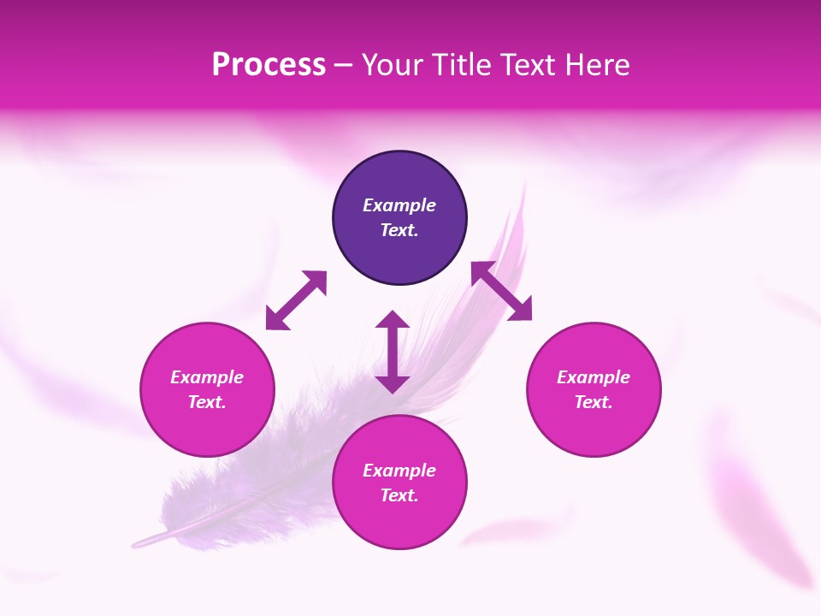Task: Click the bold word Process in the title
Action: (269, 65)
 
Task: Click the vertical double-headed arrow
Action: (393, 352)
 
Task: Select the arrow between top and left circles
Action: (296, 300)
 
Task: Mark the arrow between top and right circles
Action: (501, 291)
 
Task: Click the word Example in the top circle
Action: (399, 205)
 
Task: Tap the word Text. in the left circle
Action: (207, 402)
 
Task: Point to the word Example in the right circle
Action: (594, 377)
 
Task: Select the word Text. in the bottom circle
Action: (399, 495)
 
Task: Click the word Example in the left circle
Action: (207, 377)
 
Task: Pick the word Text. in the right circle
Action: (594, 402)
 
